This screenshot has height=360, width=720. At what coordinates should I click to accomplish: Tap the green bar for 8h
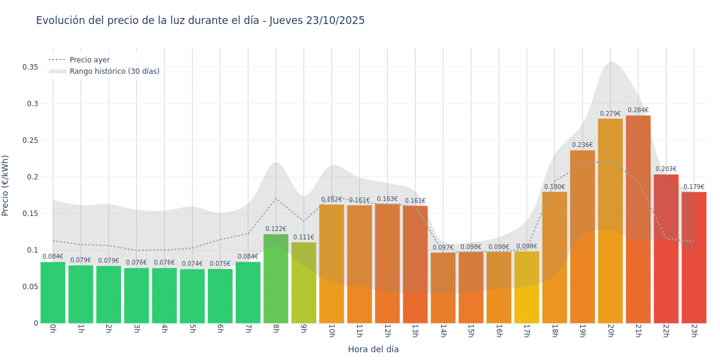275,278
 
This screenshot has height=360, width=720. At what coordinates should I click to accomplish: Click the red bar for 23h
694,257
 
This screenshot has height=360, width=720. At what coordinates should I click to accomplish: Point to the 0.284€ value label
638,110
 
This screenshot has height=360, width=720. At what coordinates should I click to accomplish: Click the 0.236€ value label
582,145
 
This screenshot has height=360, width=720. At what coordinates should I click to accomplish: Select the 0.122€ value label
275,229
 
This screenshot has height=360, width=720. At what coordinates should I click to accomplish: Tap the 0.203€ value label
665,169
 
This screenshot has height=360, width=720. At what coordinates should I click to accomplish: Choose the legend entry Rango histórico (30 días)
114,71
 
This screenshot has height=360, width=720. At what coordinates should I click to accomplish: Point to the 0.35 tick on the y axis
31,67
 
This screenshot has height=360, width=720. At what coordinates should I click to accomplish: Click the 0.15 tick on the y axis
31,214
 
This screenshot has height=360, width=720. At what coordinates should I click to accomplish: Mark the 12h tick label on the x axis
387,331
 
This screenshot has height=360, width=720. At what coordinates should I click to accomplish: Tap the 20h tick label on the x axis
610,331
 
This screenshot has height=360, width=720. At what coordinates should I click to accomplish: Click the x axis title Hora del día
373,349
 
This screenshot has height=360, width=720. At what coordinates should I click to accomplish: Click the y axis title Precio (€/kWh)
5,185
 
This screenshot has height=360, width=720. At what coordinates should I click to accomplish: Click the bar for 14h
443,287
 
